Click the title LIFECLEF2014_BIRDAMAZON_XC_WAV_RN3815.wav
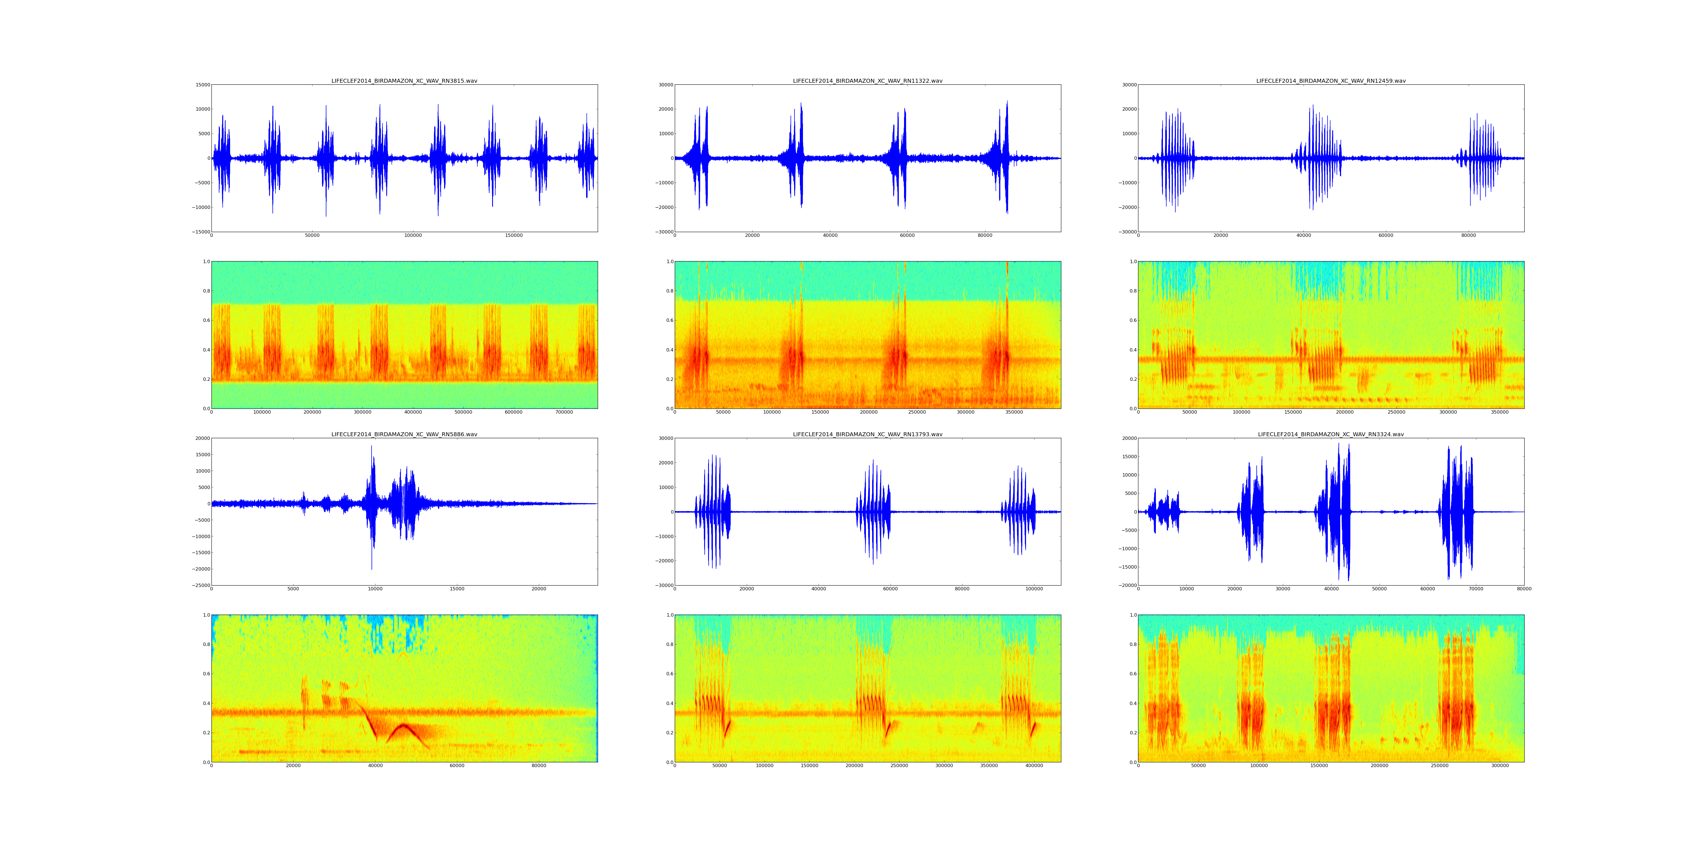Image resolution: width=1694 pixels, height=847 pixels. click(x=404, y=81)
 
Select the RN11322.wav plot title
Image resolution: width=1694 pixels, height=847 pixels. click(x=867, y=81)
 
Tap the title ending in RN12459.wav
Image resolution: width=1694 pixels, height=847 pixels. click(x=1330, y=81)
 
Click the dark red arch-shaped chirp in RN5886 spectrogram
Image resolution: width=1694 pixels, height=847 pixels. click(x=404, y=727)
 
